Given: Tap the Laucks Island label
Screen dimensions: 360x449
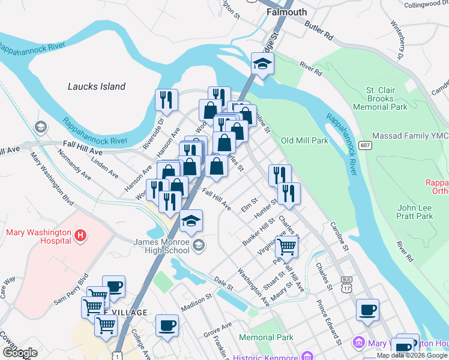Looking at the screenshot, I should (x=97, y=86).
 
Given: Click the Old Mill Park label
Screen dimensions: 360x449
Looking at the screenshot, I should (x=304, y=140).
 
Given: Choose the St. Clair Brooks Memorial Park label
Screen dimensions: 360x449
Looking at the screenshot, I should (x=381, y=98).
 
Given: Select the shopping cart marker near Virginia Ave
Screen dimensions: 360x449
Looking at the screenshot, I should (x=286, y=245).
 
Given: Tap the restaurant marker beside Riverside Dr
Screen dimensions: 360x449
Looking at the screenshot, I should (x=166, y=100).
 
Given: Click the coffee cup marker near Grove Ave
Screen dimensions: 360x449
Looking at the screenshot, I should (x=167, y=326).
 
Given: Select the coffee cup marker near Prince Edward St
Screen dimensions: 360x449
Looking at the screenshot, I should (x=367, y=310).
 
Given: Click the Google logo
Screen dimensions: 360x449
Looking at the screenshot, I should (x=20, y=353).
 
